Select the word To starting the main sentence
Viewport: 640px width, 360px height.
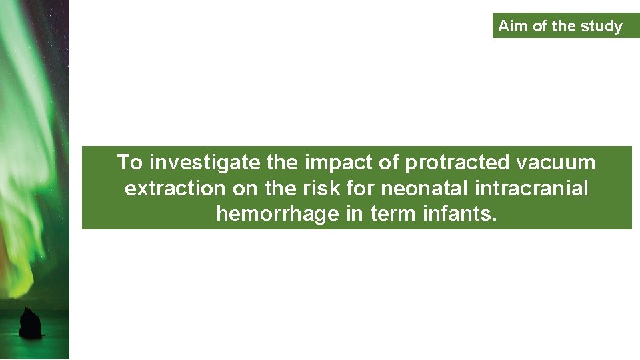[x=130, y=162]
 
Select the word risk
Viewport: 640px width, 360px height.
[x=323, y=189]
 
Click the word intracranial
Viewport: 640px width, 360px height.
[x=532, y=189]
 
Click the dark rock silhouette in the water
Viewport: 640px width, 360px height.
[x=31, y=324]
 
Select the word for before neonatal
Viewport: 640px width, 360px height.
[x=360, y=189]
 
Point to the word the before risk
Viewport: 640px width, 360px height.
[x=281, y=189]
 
